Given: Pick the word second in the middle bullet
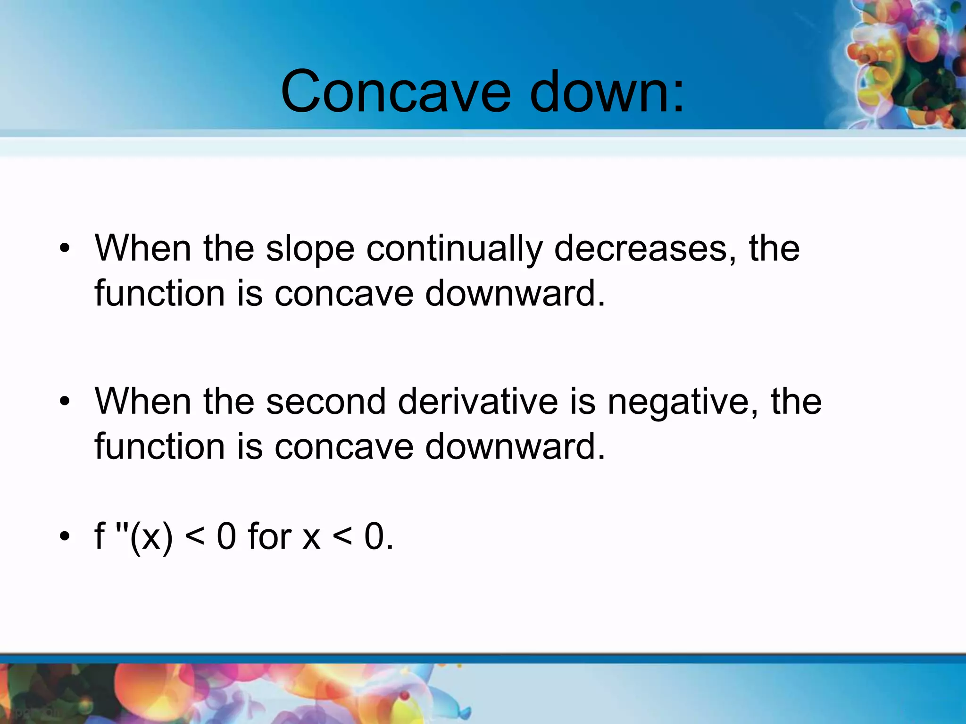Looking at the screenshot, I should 326,402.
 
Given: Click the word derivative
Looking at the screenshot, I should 478,402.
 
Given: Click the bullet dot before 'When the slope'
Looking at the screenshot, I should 65,248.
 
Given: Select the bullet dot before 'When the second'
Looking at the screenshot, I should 65,401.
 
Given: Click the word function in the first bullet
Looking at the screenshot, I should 159,293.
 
